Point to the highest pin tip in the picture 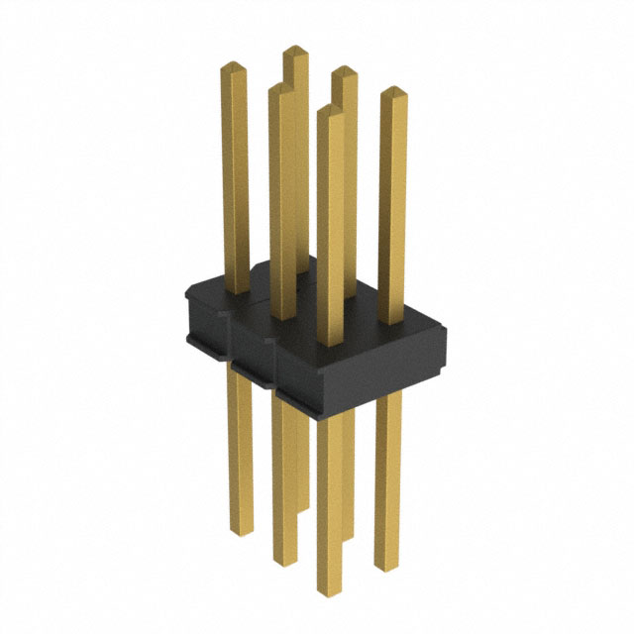click(x=294, y=50)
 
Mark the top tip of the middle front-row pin click(x=281, y=87)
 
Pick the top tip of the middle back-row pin click(x=343, y=71)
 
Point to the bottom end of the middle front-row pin click(x=283, y=559)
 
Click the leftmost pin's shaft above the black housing click(x=235, y=178)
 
